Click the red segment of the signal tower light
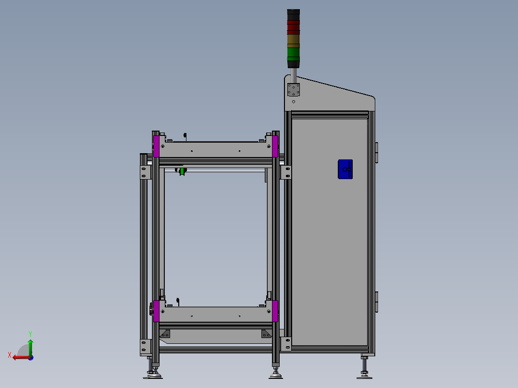293,27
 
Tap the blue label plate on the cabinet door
345,170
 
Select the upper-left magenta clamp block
156,146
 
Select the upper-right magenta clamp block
275,146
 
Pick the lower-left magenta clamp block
156,311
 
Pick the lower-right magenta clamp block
275,311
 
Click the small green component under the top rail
182,171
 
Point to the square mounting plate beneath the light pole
293,90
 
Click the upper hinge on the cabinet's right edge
376,152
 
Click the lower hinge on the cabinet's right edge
376,302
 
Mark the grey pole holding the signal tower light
293,72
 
